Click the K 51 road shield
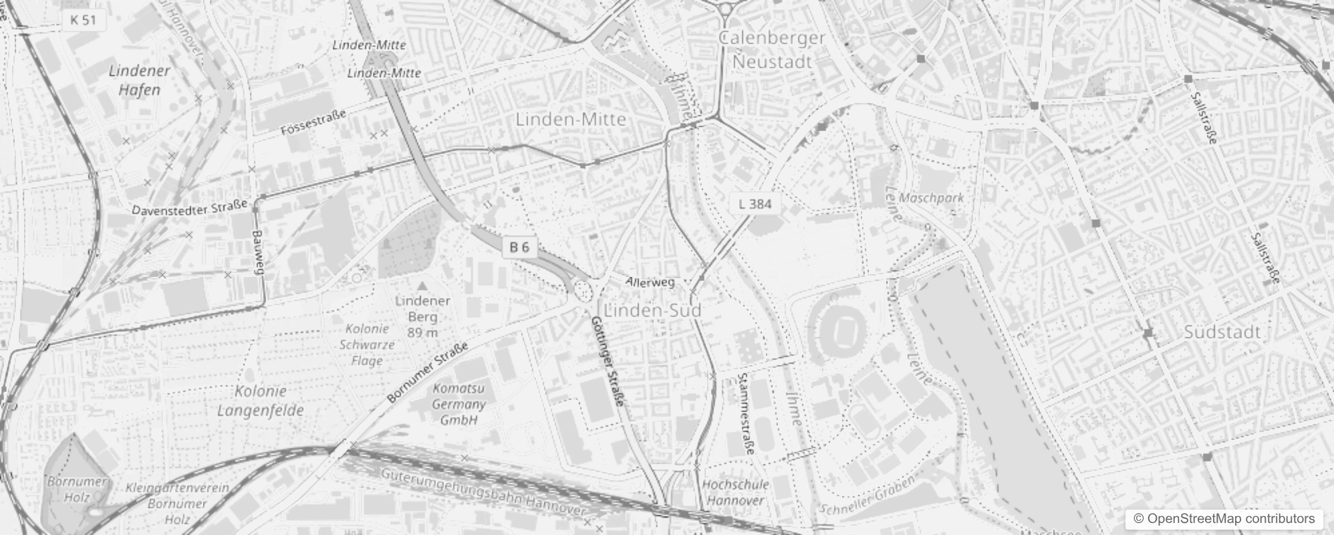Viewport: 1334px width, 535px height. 84,20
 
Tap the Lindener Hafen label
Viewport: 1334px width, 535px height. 139,80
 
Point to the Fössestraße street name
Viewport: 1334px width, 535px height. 313,122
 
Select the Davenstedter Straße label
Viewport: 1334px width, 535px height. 189,208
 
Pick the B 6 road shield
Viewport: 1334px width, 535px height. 519,247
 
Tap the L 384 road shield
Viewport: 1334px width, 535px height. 755,204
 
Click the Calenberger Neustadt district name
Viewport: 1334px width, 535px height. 772,50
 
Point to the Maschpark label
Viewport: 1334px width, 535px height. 932,198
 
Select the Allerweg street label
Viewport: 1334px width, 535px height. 650,282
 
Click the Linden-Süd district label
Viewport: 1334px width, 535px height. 652,311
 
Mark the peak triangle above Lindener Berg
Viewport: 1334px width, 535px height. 422,286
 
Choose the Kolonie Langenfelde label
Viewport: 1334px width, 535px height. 261,401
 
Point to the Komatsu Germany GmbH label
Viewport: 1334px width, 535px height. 458,404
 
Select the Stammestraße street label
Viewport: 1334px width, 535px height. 747,414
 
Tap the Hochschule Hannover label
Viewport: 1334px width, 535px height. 735,492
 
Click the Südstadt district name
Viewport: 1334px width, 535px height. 1222,332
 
